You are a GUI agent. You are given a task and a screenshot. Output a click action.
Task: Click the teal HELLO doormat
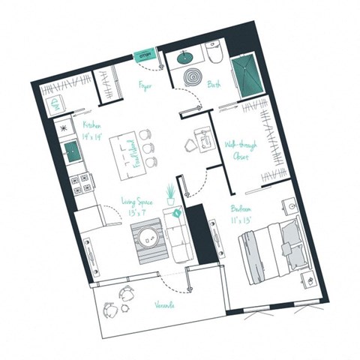pyautogui.click(x=145, y=54)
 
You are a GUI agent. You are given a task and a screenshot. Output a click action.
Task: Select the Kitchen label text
pyautogui.click(x=92, y=126)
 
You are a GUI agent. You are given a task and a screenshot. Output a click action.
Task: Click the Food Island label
pyautogui.click(x=129, y=150)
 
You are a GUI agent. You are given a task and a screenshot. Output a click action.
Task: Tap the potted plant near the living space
pyautogui.click(x=172, y=193)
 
